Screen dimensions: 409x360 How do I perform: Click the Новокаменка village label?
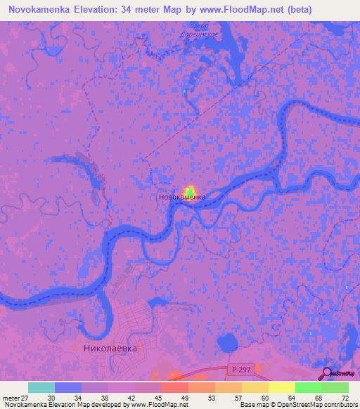click(181, 198)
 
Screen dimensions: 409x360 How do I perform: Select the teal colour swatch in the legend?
click(41, 387)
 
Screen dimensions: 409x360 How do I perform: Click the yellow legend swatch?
click(281, 387)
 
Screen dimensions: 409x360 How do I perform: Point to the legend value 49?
click(184, 398)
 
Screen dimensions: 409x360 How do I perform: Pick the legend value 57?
click(238, 398)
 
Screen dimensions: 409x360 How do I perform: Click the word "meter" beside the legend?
click(10, 398)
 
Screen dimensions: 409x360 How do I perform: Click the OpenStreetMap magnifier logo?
click(327, 372)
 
